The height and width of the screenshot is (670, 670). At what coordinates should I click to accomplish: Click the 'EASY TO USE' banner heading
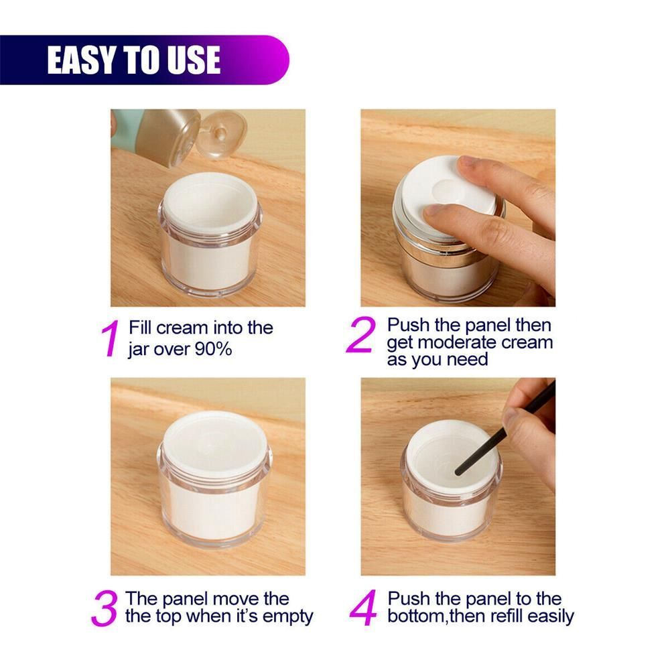coord(134,60)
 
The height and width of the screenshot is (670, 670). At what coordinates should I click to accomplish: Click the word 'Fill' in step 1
coord(141,328)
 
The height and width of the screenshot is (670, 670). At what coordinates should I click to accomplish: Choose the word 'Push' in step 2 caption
coord(407,326)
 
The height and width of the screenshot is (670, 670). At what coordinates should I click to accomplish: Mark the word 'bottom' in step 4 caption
coord(417,616)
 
